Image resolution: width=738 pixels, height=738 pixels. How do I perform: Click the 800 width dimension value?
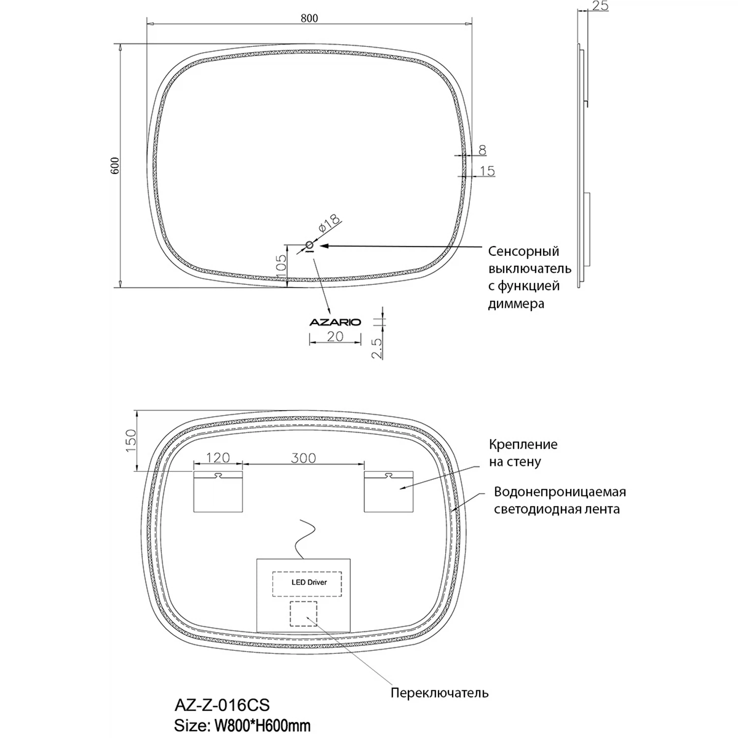309,18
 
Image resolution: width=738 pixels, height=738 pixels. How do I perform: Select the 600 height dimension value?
115,166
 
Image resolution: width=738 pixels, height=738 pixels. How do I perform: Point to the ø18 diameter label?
329,223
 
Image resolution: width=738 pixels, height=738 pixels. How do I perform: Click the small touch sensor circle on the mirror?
310,245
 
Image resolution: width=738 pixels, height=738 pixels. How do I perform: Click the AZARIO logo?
335,322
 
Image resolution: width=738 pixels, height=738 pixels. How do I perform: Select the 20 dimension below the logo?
335,337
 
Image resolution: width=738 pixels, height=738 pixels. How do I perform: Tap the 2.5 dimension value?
377,348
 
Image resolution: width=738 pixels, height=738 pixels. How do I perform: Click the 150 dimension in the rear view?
131,441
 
